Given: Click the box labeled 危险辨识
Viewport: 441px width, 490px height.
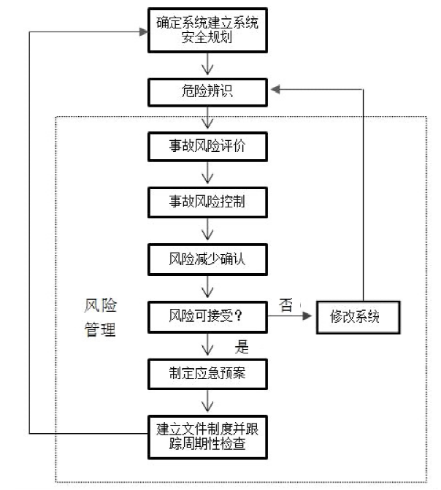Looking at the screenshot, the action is [x=207, y=93].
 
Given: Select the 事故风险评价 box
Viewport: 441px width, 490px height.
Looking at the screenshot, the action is [x=207, y=147].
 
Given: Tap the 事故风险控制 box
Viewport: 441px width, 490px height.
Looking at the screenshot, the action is [x=207, y=202].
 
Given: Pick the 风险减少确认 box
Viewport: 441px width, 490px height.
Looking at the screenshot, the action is [x=207, y=259].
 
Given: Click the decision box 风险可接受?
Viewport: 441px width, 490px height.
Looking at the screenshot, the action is [x=207, y=316].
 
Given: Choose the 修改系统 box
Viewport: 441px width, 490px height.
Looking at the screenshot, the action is [x=358, y=317].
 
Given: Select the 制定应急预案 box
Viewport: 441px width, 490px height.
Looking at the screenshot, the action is [x=207, y=374].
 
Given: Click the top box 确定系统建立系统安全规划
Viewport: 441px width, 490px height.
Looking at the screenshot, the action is [x=207, y=30].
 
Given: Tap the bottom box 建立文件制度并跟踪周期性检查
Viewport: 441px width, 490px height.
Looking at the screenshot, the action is [x=207, y=437].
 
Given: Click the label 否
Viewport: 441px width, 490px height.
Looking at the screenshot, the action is [x=285, y=305].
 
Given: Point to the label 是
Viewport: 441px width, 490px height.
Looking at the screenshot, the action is [x=242, y=347].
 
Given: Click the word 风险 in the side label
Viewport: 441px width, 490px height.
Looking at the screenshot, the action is [x=100, y=305].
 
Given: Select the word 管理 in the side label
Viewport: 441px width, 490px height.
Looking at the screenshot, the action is [x=100, y=329].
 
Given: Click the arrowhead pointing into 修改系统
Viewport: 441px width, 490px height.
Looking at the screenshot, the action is [x=307, y=316].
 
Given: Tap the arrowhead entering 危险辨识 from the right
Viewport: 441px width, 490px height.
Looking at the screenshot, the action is [x=275, y=90].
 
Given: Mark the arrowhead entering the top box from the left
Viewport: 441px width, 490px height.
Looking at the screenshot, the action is [x=143, y=31].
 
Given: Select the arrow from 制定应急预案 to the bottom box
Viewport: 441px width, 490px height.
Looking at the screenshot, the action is [x=207, y=401].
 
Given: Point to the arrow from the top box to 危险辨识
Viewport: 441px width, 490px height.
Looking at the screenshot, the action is [x=207, y=64].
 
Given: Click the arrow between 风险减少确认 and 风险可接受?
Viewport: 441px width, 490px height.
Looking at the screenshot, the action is [x=207, y=286].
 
